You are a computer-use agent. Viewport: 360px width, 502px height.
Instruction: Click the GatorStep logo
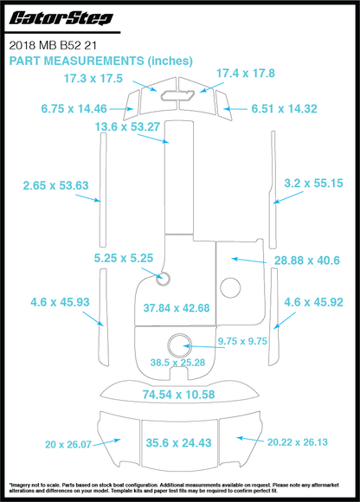coord(61,18)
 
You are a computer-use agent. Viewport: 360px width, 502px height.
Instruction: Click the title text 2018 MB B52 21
coord(53,46)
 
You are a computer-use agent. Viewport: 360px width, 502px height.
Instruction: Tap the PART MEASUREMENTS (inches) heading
coord(100,61)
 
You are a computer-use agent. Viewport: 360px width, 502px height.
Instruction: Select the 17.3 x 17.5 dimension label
coord(93,79)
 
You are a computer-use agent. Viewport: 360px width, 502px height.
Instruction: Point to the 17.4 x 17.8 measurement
coord(246,74)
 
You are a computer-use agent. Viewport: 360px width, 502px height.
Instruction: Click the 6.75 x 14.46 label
coord(74,109)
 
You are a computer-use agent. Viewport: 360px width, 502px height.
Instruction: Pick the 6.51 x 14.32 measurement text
coord(284,109)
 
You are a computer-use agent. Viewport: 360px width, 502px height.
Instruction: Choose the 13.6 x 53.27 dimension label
coord(127,126)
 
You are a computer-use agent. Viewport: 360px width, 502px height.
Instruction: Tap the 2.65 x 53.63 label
coord(55,185)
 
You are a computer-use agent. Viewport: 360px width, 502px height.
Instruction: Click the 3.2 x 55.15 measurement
coord(313,183)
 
